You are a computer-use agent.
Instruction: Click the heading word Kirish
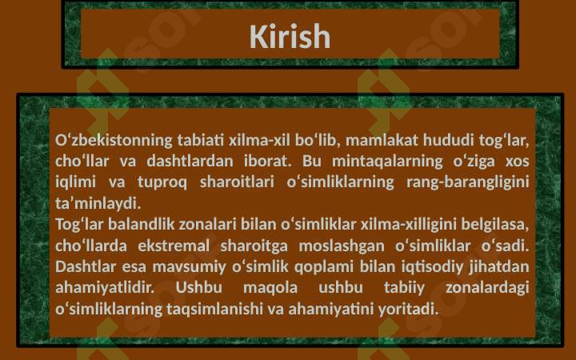(290, 36)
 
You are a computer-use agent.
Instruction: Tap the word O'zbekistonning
(114, 141)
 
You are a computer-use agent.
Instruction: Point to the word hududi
(449, 140)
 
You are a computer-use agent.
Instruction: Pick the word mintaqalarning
(387, 162)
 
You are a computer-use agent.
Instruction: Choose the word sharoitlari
(237, 182)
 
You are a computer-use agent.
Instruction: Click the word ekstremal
(174, 246)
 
